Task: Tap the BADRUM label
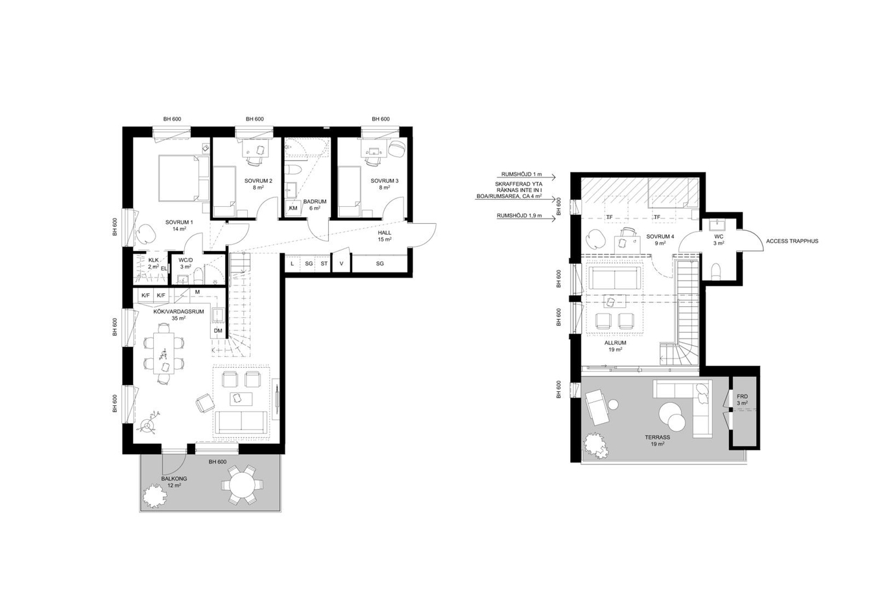(315, 202)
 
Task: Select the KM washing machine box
(293, 208)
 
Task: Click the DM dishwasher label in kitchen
(218, 331)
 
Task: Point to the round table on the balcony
(242, 485)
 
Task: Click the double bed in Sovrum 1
(184, 178)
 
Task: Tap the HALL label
(385, 233)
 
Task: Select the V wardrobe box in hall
(341, 263)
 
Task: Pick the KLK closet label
(153, 260)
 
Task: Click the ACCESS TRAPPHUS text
(792, 241)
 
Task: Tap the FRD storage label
(742, 396)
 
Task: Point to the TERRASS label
(658, 437)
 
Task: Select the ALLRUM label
(616, 343)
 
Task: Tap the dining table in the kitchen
(163, 353)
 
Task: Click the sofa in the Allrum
(615, 278)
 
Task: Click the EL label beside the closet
(163, 269)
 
